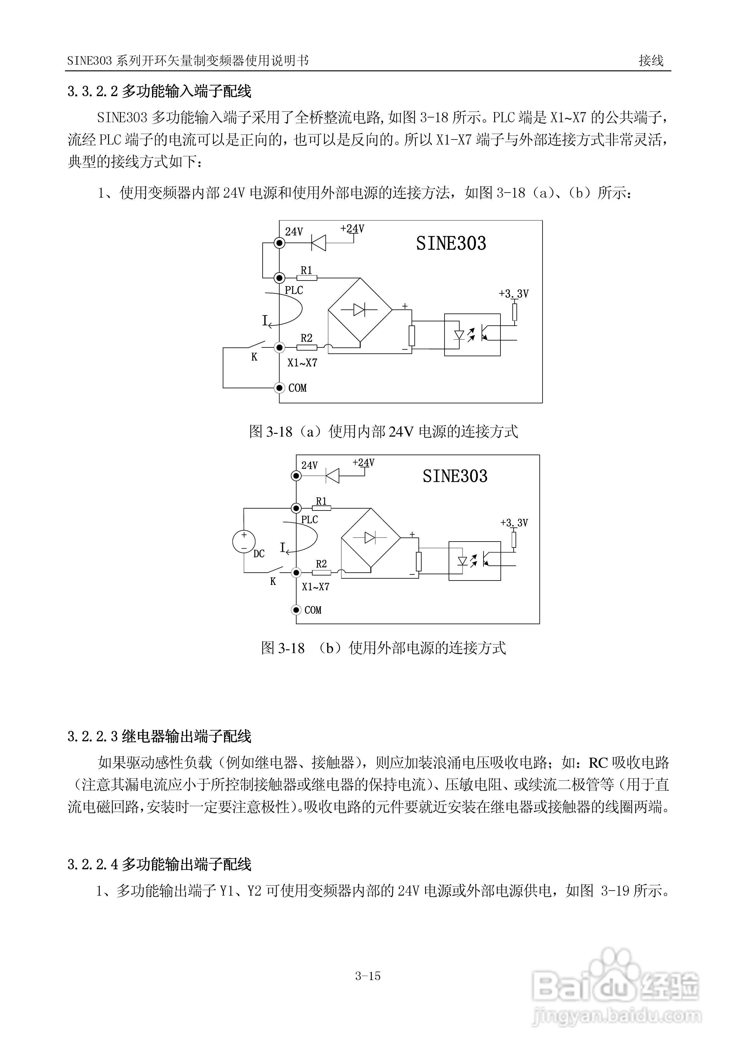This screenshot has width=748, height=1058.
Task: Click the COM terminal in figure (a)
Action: [279, 388]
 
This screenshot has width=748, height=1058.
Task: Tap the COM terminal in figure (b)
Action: [296, 610]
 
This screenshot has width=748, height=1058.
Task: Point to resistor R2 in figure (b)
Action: [321, 573]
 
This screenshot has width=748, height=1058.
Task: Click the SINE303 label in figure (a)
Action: [451, 243]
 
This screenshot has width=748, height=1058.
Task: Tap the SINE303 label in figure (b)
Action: [455, 476]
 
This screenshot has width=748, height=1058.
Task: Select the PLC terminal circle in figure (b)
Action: [296, 508]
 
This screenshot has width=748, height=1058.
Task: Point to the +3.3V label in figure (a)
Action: [513, 293]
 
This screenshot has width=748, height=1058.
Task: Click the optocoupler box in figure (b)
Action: [474, 560]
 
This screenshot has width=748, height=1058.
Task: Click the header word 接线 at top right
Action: [651, 60]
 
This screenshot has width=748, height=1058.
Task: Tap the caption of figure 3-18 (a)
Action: [384, 432]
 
